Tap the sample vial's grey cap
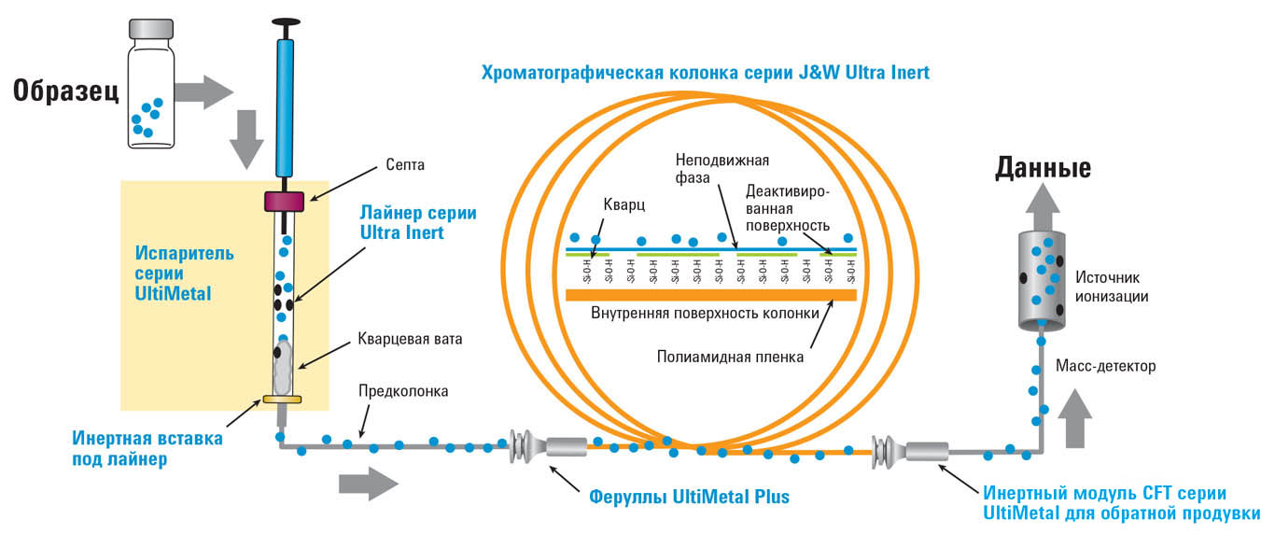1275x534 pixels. [150, 28]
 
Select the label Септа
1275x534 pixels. [379, 165]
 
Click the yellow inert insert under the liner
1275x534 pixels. [281, 400]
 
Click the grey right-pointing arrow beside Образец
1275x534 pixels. [203, 92]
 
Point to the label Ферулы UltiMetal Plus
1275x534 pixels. [689, 497]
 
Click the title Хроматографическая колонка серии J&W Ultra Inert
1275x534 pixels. [705, 72]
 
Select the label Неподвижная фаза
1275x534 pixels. [717, 168]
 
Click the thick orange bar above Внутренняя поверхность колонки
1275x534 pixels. [711, 295]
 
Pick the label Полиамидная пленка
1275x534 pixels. [717, 356]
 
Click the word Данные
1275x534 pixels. [1044, 169]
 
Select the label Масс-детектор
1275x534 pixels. [1106, 366]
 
